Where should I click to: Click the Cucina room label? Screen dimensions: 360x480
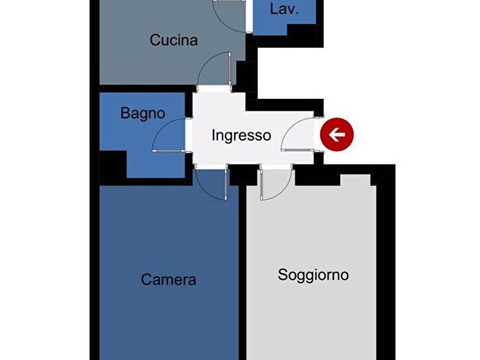tap(173, 40)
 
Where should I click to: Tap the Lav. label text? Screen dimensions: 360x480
tap(283, 10)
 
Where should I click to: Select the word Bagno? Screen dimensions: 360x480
tap(143, 113)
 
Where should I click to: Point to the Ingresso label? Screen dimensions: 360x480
tap(241, 135)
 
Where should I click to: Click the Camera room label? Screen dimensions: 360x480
tap(169, 280)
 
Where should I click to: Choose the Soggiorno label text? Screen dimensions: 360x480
tap(313, 275)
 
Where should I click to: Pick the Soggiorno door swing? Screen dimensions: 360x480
tap(274, 185)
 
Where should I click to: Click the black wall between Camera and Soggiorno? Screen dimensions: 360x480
tap(242, 274)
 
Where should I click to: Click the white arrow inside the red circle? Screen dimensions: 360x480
tap(337, 135)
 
